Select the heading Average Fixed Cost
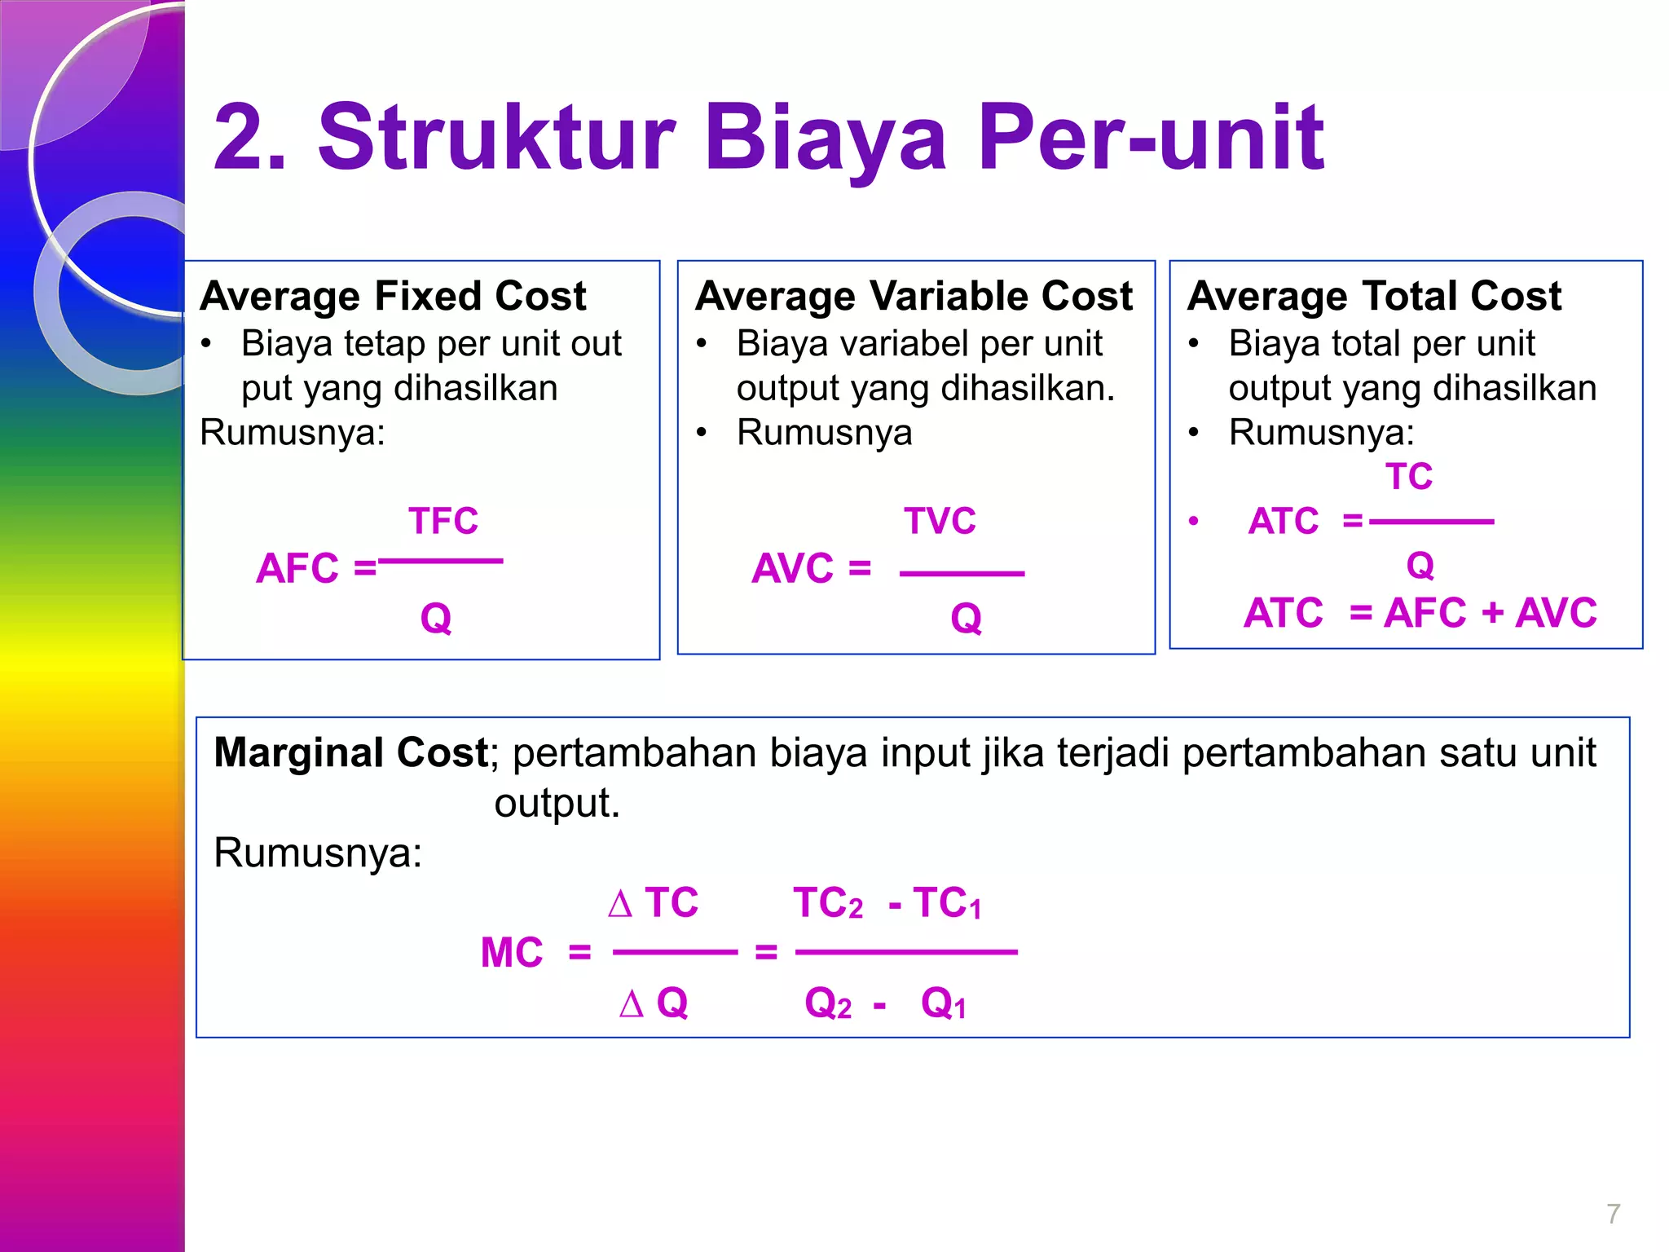393,296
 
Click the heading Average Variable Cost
914,296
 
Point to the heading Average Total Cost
1374,296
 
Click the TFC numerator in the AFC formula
443,521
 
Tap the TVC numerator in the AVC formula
940,521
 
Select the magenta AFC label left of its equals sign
297,568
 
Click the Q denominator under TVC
966,618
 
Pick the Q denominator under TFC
436,618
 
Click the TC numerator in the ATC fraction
1409,477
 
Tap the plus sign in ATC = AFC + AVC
1492,613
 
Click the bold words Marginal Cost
350,752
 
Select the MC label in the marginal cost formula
512,952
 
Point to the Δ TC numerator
653,902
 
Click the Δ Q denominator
654,1003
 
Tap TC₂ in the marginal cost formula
828,903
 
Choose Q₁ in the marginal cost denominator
944,1003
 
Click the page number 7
1613,1214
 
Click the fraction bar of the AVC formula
962,574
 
